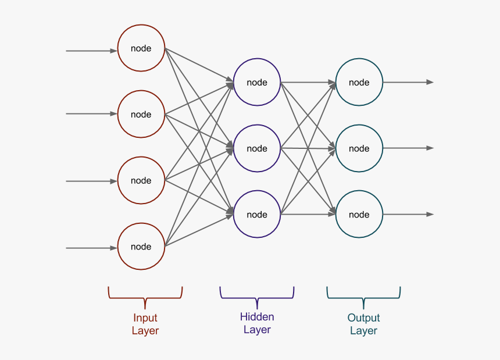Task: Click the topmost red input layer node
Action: click(141, 48)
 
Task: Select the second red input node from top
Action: click(141, 114)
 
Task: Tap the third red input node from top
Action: click(141, 180)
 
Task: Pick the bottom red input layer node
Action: click(141, 247)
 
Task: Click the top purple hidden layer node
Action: click(257, 82)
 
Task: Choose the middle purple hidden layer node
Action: click(257, 148)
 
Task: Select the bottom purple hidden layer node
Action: click(257, 215)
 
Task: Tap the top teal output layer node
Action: click(359, 82)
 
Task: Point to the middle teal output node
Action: click(359, 148)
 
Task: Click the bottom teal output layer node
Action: click(359, 215)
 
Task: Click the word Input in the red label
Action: click(145, 318)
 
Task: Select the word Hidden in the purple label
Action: click(257, 317)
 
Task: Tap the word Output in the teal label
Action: click(363, 318)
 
